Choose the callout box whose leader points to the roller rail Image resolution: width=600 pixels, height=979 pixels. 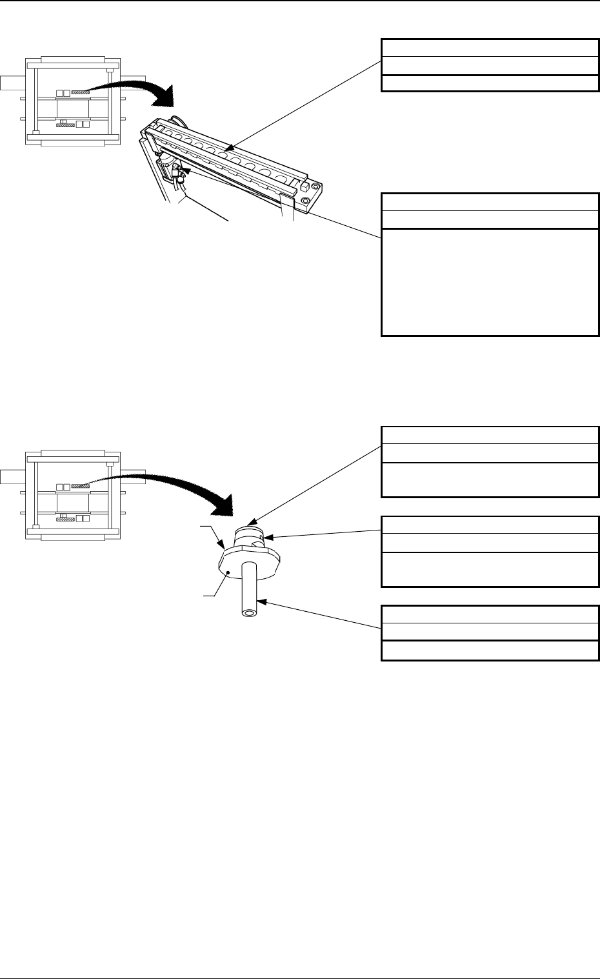(x=488, y=65)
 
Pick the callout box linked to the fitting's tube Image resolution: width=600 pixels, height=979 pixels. (x=488, y=632)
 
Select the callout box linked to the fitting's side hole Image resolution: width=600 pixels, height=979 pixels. (x=488, y=551)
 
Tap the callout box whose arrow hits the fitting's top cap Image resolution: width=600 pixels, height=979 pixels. (x=488, y=461)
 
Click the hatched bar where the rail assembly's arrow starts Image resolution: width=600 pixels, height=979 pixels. (x=79, y=92)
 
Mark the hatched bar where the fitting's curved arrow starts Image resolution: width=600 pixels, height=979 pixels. (x=79, y=486)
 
